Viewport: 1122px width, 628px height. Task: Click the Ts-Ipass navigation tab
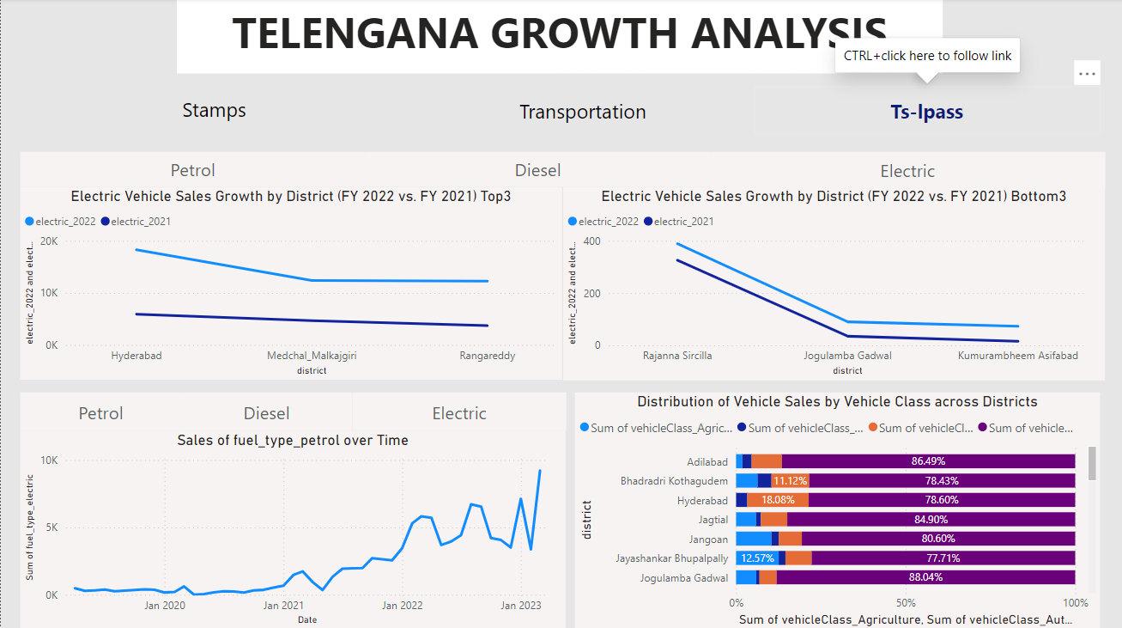point(926,112)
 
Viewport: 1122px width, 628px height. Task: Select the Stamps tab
point(214,110)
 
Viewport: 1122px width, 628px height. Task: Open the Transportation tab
point(582,113)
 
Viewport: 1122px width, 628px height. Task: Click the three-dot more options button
point(1087,74)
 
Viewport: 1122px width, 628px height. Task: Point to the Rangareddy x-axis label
point(488,356)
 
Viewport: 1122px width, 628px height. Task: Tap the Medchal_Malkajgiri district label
point(312,356)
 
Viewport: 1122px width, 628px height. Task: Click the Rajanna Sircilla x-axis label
point(677,356)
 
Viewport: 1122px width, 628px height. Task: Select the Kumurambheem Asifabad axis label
point(1017,356)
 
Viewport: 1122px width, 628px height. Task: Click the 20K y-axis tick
point(49,241)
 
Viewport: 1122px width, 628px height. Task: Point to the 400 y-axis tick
point(591,241)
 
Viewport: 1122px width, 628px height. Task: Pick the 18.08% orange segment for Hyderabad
point(778,501)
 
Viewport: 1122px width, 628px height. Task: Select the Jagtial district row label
point(713,520)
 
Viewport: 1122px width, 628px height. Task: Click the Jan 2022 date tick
point(402,606)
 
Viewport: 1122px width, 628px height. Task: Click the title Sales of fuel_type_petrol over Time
point(293,441)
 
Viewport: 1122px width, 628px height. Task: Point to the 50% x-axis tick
point(906,602)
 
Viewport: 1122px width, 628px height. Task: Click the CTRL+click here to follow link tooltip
point(927,56)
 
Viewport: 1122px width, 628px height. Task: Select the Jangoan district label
point(709,540)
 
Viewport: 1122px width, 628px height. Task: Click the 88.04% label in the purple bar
point(925,578)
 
